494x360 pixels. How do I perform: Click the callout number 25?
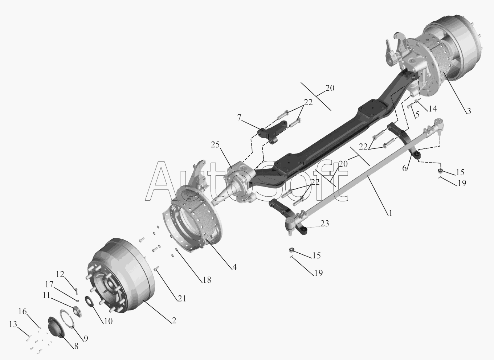pos(215,145)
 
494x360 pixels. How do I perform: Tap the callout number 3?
pos(469,111)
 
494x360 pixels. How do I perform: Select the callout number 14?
pos(433,109)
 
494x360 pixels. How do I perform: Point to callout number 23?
pos(324,224)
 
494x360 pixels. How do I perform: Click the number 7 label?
pos(239,118)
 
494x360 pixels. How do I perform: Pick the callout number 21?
pos(181,299)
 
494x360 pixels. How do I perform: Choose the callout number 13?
pos(13,324)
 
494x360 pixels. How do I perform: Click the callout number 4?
pos(234,267)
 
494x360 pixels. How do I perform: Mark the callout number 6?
pos(404,168)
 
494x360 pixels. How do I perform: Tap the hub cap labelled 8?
pos(56,327)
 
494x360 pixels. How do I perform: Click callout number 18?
pos(207,280)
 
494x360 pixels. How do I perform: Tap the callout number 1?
pos(390,213)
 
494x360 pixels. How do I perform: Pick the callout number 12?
pos(60,274)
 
